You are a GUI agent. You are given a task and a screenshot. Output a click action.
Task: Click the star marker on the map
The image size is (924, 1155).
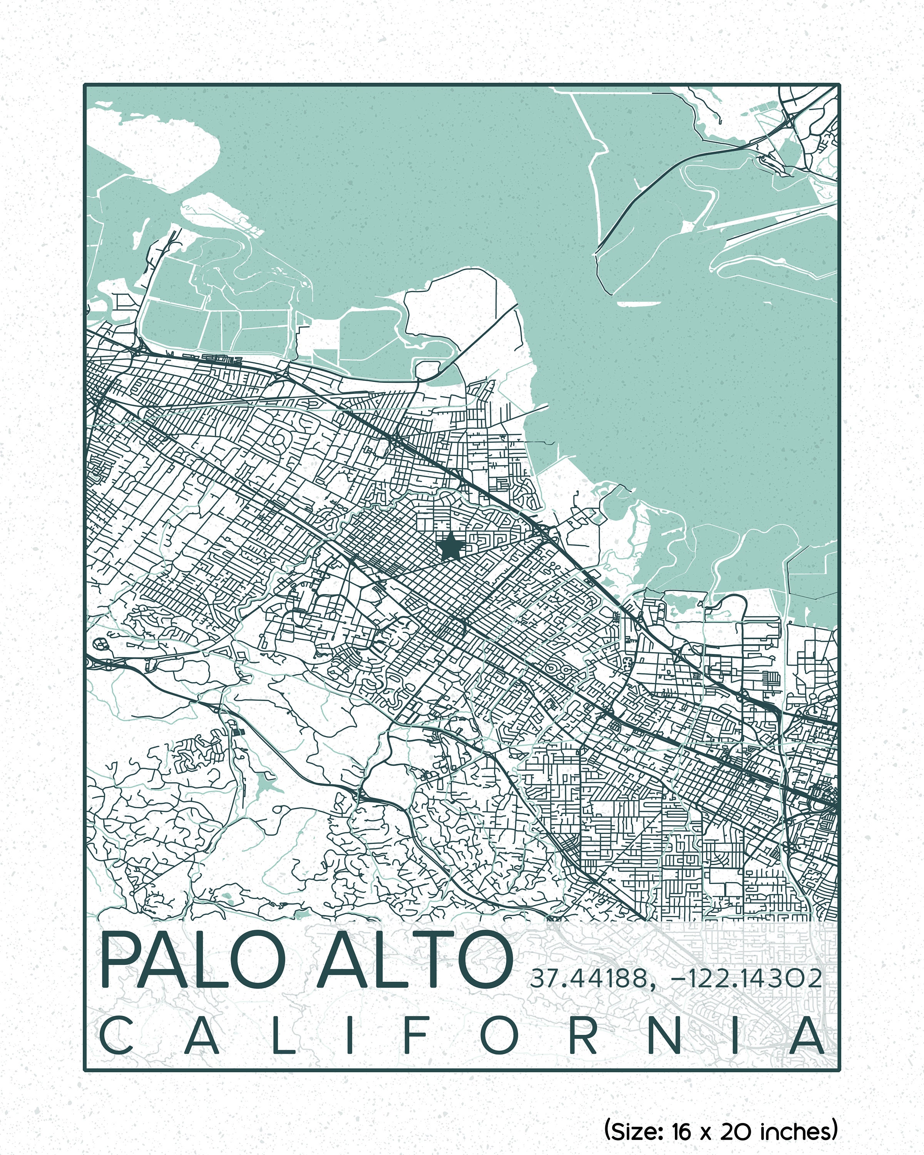450,546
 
